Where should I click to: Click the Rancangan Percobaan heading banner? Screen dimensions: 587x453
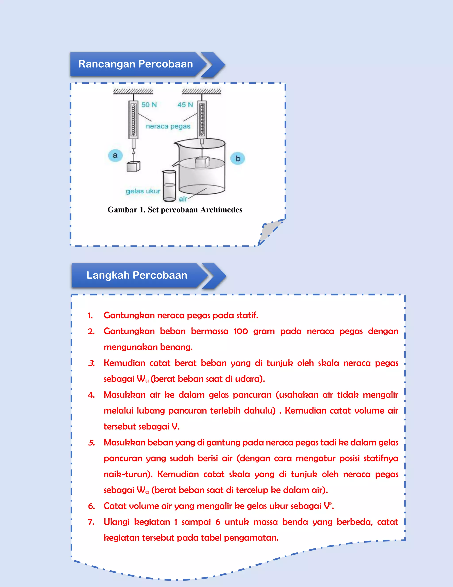(x=136, y=64)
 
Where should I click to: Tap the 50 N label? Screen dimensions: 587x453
(x=149, y=105)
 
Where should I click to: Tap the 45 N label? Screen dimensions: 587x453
(x=185, y=105)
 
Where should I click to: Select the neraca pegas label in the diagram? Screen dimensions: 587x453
(x=168, y=126)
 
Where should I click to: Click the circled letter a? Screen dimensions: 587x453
(x=115, y=155)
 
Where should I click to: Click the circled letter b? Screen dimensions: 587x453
(x=238, y=159)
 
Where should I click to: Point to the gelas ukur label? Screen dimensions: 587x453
(x=143, y=191)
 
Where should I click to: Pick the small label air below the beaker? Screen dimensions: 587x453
(x=183, y=199)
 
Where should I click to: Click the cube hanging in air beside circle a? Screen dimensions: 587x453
(x=133, y=166)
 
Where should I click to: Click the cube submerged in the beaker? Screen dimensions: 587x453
(x=202, y=162)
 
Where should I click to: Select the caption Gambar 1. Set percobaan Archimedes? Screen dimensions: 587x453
(x=175, y=210)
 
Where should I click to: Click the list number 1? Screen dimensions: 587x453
(x=90, y=315)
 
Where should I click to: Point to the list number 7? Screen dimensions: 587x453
(x=91, y=522)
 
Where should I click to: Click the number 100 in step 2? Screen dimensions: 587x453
(x=240, y=331)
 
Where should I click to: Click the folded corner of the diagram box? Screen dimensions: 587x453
(x=270, y=231)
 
